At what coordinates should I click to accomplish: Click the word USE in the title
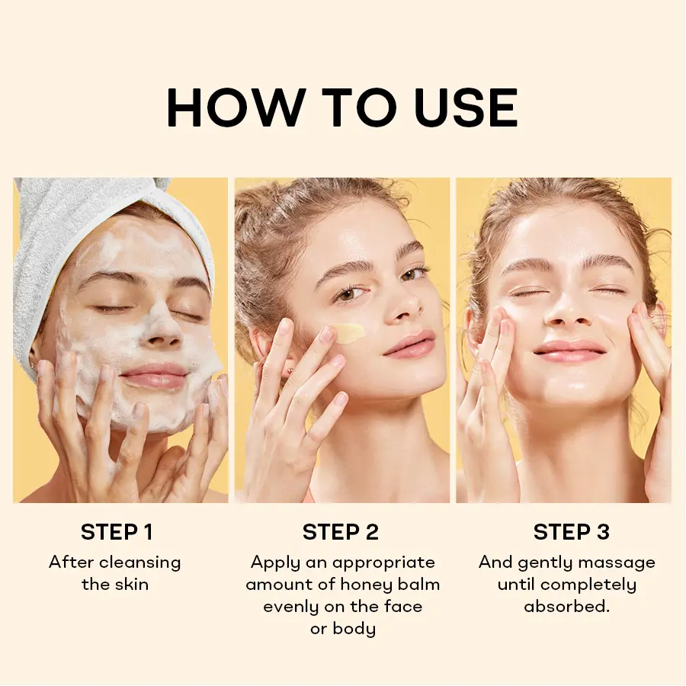click(466, 107)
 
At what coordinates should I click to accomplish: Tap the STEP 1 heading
click(117, 532)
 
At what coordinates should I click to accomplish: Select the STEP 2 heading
click(341, 532)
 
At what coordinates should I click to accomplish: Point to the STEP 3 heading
click(572, 532)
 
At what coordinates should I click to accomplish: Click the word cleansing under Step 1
click(140, 563)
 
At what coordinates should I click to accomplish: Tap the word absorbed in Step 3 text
click(566, 607)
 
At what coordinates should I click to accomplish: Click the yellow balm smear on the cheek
click(351, 332)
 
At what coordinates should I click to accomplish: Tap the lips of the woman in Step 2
click(409, 345)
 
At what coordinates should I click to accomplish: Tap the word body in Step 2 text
click(354, 629)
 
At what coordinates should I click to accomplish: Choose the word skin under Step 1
click(132, 585)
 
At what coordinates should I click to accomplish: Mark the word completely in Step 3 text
click(588, 585)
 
